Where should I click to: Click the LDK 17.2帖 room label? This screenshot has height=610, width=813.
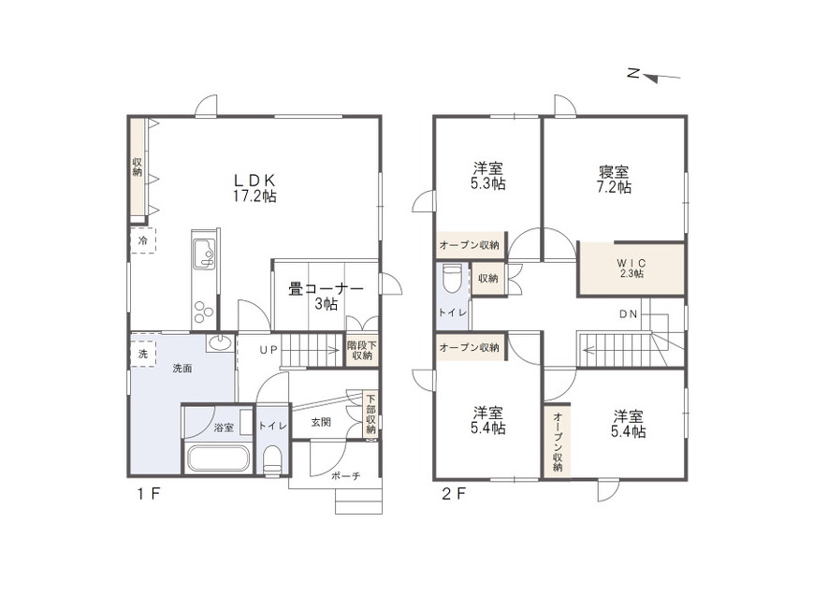click(254, 188)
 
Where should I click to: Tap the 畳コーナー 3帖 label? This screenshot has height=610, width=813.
click(327, 297)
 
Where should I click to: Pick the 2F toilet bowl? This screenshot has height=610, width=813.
click(452, 279)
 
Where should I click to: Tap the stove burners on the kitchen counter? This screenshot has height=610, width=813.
click(204, 312)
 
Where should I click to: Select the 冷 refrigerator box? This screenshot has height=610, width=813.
click(142, 240)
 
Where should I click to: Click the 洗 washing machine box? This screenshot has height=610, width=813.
click(142, 354)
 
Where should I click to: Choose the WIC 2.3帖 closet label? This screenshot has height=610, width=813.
click(632, 269)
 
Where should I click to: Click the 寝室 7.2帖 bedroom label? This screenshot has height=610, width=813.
click(614, 180)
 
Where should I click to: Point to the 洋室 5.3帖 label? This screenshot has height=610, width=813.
click(488, 177)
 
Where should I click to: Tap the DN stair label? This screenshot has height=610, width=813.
click(628, 313)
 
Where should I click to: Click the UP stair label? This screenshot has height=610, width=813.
click(269, 350)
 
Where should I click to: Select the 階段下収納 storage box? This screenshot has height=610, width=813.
click(362, 351)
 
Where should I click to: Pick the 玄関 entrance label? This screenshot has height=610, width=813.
click(321, 422)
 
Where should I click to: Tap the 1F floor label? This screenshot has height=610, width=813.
click(150, 494)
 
